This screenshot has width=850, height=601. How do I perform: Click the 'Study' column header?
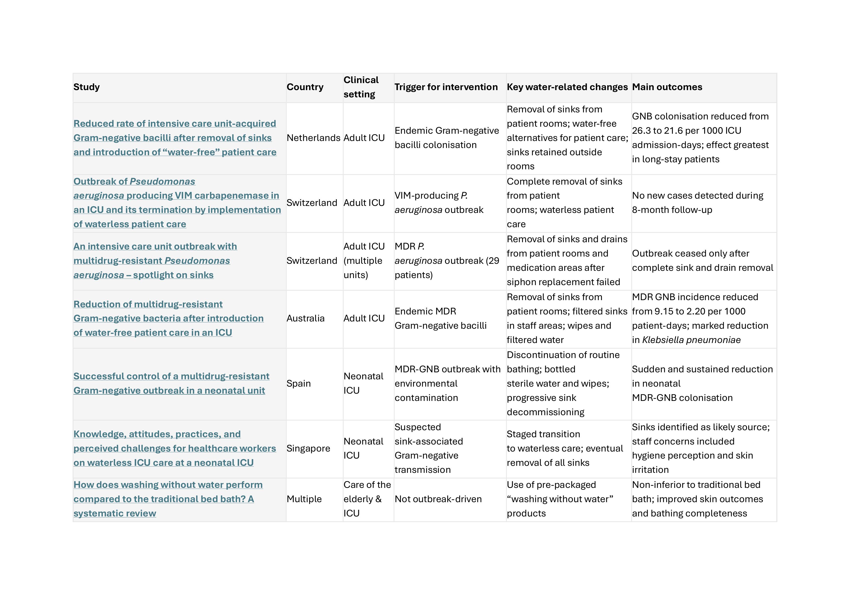point(86,87)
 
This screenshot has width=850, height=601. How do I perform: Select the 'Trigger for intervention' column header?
point(446,87)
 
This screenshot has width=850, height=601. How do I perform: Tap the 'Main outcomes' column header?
point(667,87)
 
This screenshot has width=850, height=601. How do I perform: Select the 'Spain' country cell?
point(298,383)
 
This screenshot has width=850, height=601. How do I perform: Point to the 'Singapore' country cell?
point(308,448)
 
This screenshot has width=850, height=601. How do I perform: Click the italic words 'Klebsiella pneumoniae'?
point(691,340)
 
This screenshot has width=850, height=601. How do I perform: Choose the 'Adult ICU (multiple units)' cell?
point(364,261)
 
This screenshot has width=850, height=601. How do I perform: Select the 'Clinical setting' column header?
point(361,87)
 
